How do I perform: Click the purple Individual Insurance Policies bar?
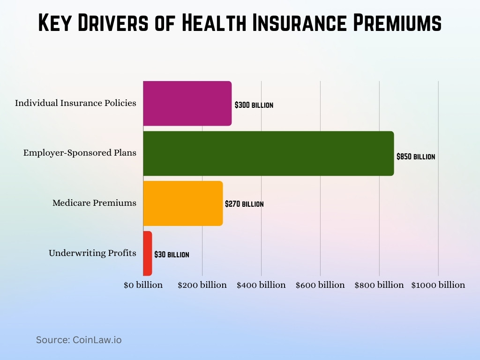[187, 103]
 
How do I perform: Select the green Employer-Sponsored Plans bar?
[268, 153]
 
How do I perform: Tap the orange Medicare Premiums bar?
[183, 203]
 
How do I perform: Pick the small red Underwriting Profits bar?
[147, 253]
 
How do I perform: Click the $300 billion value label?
[254, 105]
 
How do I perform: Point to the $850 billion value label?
[415, 157]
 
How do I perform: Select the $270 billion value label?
[244, 204]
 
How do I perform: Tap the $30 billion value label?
[172, 255]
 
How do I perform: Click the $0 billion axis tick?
[143, 285]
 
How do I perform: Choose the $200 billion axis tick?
[202, 285]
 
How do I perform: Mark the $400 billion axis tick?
[261, 285]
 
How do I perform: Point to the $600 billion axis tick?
[320, 285]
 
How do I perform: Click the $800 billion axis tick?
[379, 285]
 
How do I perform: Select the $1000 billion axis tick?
[438, 285]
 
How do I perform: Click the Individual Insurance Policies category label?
[75, 103]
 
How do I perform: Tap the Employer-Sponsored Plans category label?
[80, 153]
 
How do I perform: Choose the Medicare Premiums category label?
[94, 203]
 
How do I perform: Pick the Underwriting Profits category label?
[92, 253]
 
